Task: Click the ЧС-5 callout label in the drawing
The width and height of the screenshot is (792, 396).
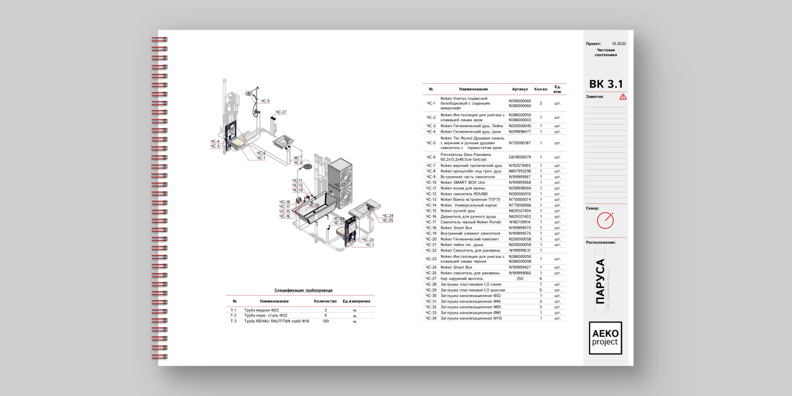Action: (265, 101)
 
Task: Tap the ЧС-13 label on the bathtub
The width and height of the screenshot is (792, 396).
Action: (314, 205)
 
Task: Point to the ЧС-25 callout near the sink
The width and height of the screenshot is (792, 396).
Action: (387, 220)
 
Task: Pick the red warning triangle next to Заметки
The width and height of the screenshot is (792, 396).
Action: (623, 97)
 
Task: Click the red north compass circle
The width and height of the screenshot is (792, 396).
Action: (605, 221)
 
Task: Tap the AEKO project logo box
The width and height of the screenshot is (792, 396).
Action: (605, 338)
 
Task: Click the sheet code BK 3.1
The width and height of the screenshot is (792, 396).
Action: (606, 84)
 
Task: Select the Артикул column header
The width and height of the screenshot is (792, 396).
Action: (520, 89)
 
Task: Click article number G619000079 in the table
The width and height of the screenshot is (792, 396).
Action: (520, 157)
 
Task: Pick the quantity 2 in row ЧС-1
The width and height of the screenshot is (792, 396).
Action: (541, 103)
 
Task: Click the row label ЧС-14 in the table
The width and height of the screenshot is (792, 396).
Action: (431, 205)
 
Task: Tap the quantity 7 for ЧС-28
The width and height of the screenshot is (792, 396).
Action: (541, 284)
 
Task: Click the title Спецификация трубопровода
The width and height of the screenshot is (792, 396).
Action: (303, 290)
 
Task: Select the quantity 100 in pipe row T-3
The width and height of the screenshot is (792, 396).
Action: (325, 321)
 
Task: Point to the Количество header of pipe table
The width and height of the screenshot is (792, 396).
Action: (325, 301)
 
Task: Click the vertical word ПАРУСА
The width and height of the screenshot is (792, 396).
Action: (600, 281)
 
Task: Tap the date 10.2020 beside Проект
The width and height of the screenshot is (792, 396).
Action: (618, 44)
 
